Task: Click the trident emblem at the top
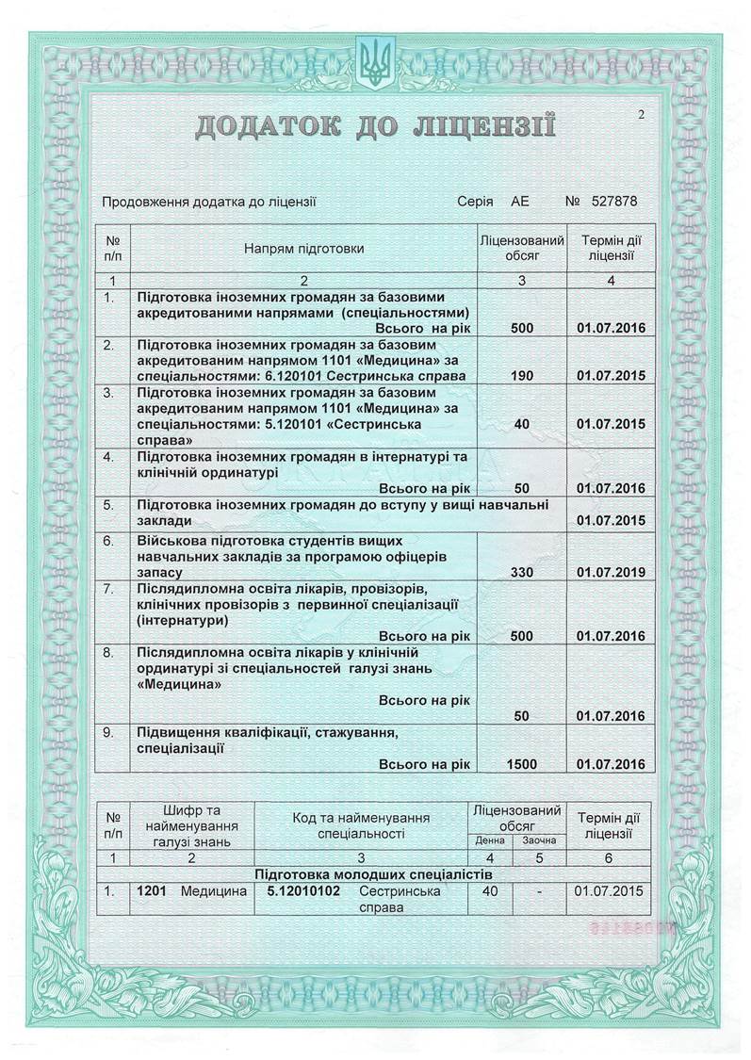[375, 62]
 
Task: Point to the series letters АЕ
[520, 201]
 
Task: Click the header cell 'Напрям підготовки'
[303, 250]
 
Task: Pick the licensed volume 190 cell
[521, 375]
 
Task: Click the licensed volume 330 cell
[521, 571]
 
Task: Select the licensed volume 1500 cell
[521, 764]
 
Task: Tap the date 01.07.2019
[610, 571]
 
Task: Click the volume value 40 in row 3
[521, 424]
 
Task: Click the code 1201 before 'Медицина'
[153, 890]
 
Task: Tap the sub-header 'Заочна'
[538, 840]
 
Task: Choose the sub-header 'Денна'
[490, 840]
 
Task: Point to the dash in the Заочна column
[538, 890]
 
